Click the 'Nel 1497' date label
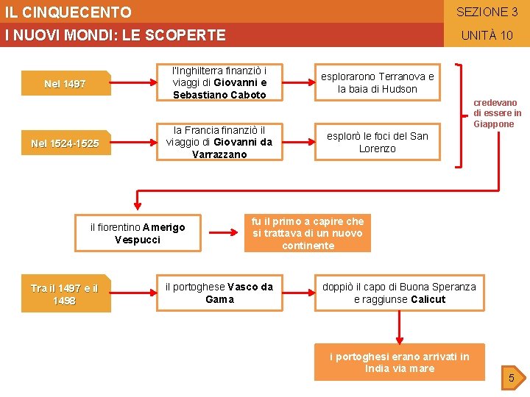65,84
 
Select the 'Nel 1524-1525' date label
65,143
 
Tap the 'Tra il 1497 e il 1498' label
65,294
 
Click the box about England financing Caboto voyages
219,83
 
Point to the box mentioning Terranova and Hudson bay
377,83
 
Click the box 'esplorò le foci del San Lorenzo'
377,143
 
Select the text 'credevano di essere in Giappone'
497,113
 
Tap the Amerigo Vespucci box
138,233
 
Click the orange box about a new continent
308,233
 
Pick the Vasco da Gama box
219,293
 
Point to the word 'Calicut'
428,299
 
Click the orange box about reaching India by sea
400,362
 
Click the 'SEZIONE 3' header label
487,12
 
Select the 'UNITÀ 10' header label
487,35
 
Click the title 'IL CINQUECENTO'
68,12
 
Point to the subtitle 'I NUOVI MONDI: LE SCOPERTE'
115,35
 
